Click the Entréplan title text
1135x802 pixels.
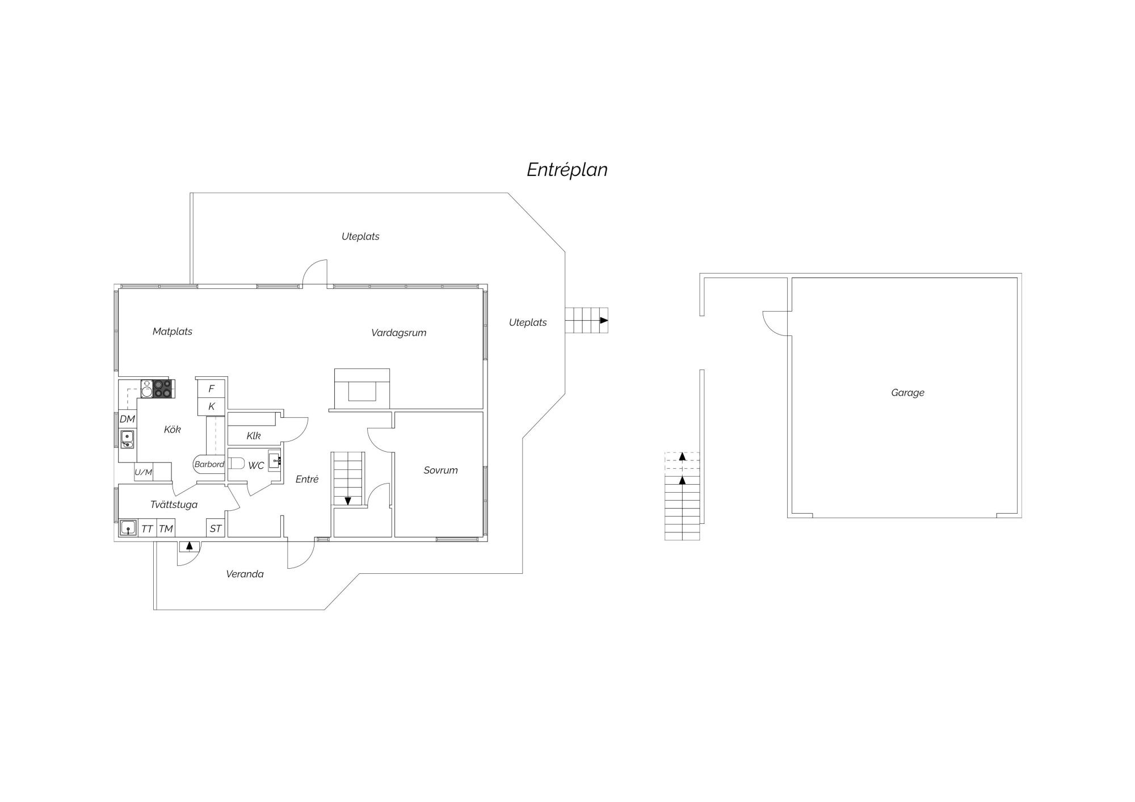point(567,170)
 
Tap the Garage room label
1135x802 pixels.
point(907,393)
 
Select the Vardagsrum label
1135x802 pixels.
point(398,333)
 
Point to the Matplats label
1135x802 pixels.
point(173,331)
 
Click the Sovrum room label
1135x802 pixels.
point(440,470)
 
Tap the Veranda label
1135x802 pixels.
point(245,574)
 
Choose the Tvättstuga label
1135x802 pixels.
point(174,505)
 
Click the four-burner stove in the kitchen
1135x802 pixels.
point(162,389)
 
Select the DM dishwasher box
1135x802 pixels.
point(127,419)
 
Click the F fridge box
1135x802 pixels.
point(211,389)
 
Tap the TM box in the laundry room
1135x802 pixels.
point(166,529)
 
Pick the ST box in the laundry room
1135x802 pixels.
point(216,528)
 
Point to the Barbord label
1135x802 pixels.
point(209,464)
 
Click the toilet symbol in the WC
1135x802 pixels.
point(236,463)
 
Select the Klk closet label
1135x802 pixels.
point(254,436)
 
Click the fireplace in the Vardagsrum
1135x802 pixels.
point(362,389)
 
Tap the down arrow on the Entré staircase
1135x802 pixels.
point(348,501)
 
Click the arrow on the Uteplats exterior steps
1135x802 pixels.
point(604,321)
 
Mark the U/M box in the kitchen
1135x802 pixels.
point(144,472)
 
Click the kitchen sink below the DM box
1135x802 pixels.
point(127,439)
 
